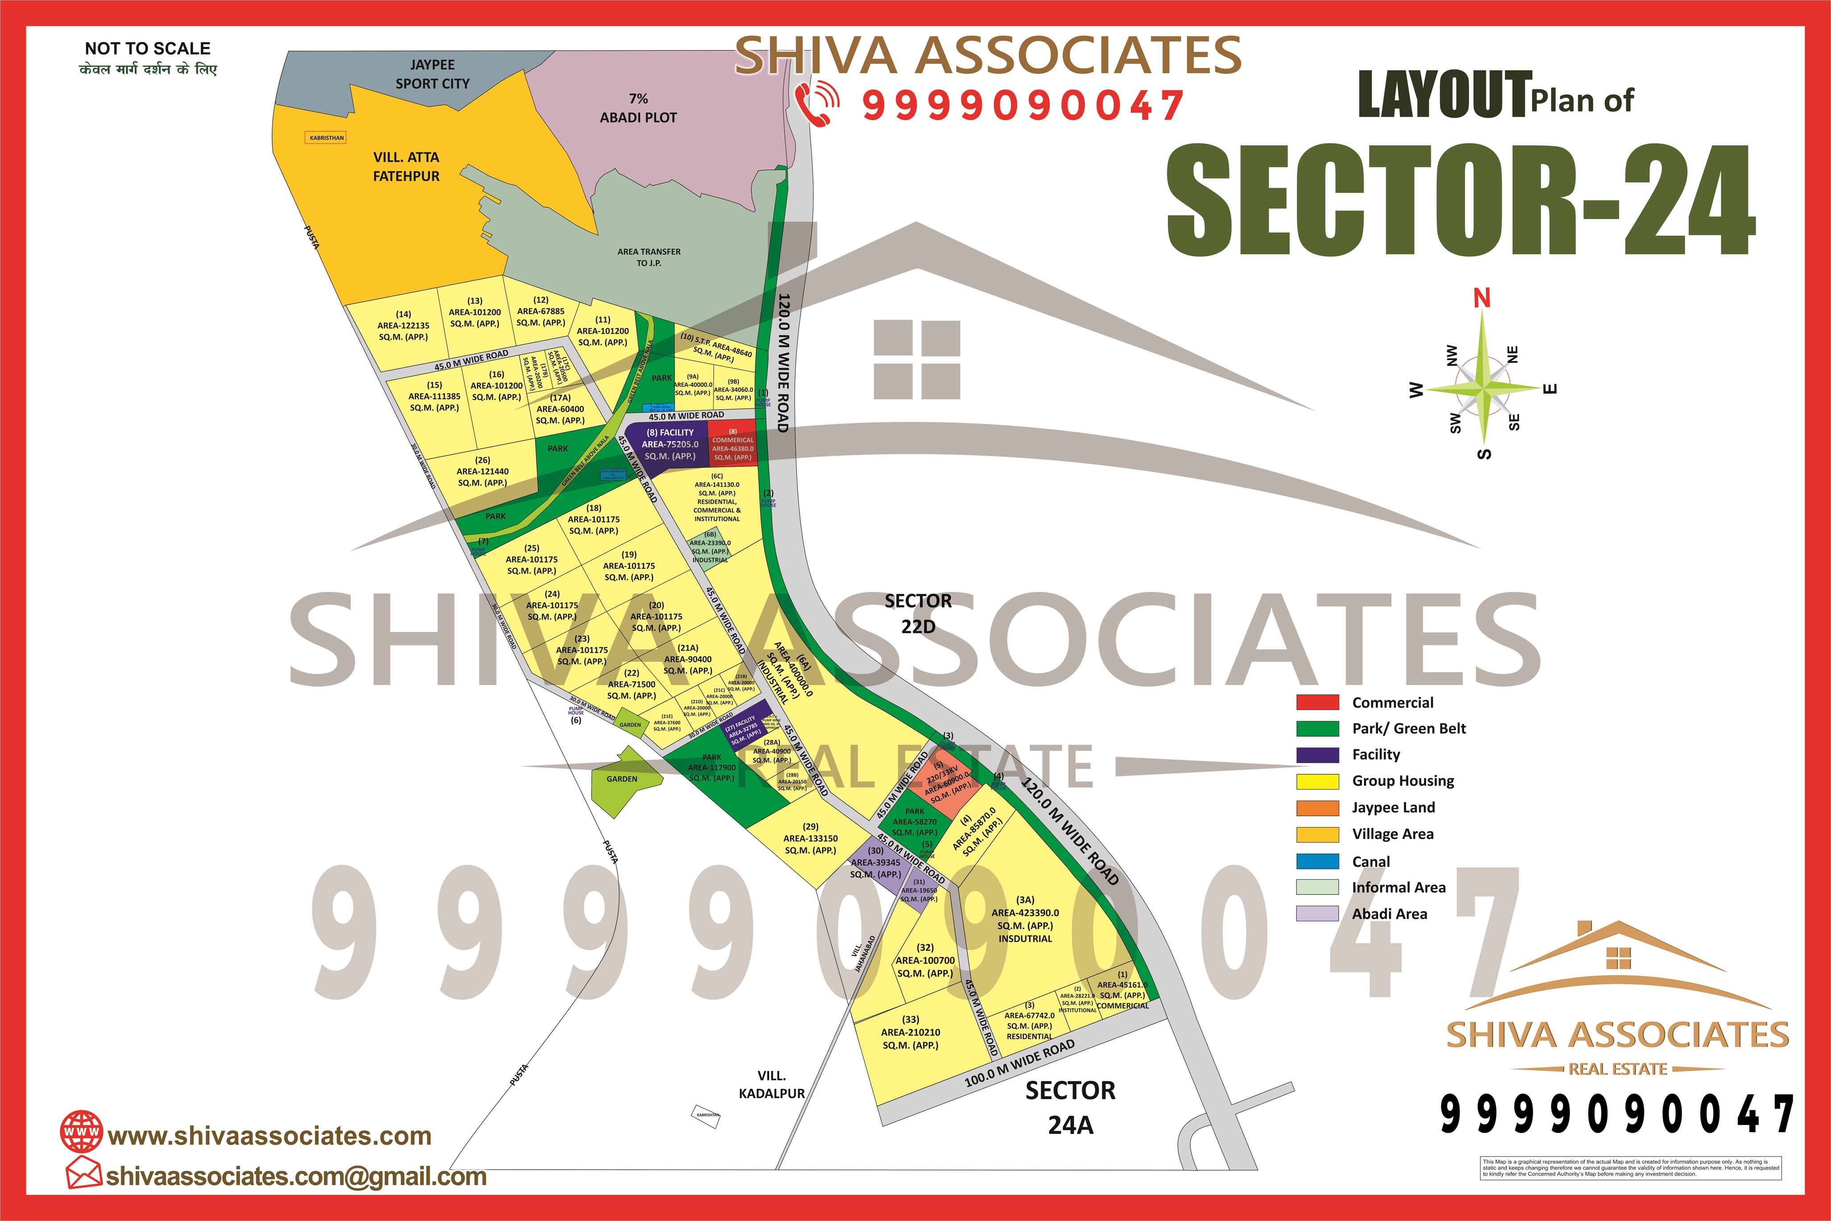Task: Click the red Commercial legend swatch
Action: coord(1317,702)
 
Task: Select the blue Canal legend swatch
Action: coord(1317,861)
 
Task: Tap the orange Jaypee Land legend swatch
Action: coord(1317,807)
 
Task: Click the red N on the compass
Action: coord(1482,298)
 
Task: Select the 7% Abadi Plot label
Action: coord(638,108)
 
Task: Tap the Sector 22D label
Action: coord(918,614)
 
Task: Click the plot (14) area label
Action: coord(403,325)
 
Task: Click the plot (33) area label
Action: coord(910,1033)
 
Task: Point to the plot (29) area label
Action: coord(810,839)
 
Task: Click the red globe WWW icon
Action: coord(81,1131)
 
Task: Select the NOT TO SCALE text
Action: coord(147,48)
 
